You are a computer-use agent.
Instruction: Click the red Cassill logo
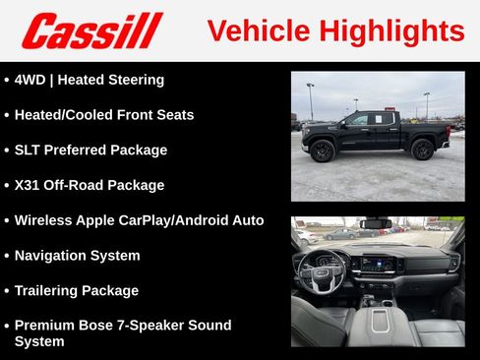pyautogui.click(x=91, y=30)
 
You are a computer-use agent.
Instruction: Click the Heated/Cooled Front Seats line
pyautogui.click(x=103, y=115)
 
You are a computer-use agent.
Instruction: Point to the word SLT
pyautogui.click(x=29, y=150)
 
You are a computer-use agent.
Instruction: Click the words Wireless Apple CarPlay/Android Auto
pyautogui.click(x=139, y=220)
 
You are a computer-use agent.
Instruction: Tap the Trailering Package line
pyautogui.click(x=84, y=291)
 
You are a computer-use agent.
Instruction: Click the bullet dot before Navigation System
pyautogui.click(x=7, y=256)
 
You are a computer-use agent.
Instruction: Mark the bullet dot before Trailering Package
pyautogui.click(x=7, y=291)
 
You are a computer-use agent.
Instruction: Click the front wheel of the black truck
pyautogui.click(x=323, y=150)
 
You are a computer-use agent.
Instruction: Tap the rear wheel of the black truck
pyautogui.click(x=423, y=150)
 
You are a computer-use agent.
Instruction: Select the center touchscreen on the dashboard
pyautogui.click(x=378, y=263)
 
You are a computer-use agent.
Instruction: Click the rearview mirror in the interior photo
pyautogui.click(x=376, y=223)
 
